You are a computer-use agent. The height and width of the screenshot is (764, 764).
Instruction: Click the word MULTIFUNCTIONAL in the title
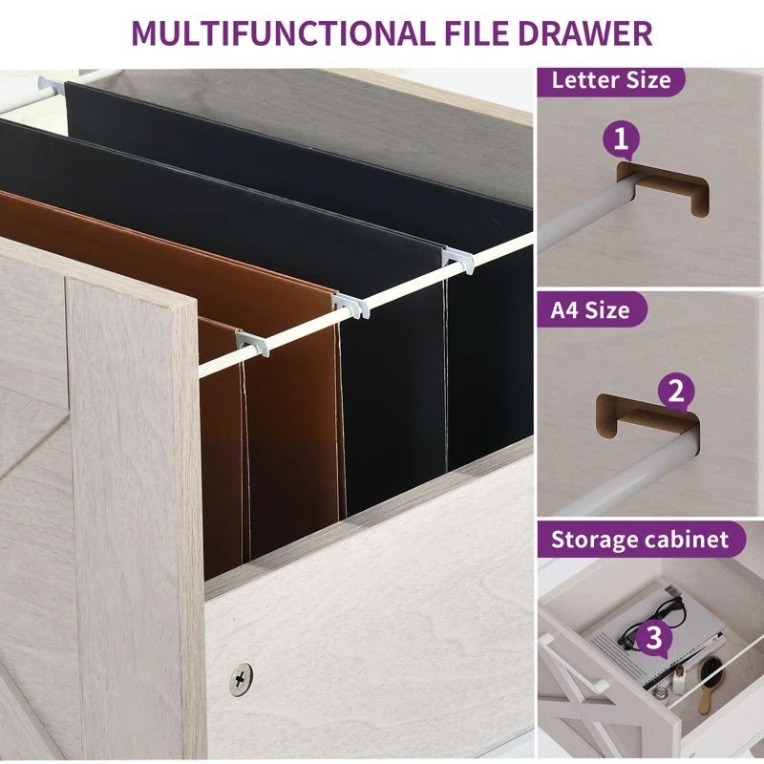(283, 33)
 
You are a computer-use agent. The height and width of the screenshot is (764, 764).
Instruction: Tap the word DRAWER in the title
(584, 33)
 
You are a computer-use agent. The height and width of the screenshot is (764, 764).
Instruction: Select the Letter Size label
(611, 80)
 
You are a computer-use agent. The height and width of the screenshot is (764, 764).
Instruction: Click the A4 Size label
(590, 309)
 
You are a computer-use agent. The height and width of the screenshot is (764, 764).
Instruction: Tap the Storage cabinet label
(640, 540)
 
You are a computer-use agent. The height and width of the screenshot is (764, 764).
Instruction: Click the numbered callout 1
(621, 139)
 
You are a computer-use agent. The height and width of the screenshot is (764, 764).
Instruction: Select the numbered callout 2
(676, 392)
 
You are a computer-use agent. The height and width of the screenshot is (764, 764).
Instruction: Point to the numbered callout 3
(654, 638)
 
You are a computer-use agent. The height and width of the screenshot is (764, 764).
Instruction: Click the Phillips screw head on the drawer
(241, 679)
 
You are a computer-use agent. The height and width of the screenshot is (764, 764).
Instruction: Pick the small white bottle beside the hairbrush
(679, 681)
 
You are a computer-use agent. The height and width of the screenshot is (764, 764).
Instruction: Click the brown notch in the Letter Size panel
(664, 186)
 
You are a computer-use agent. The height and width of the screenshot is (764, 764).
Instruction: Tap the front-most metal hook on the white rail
(252, 342)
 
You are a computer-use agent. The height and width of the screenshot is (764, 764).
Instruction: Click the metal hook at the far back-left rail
(52, 86)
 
